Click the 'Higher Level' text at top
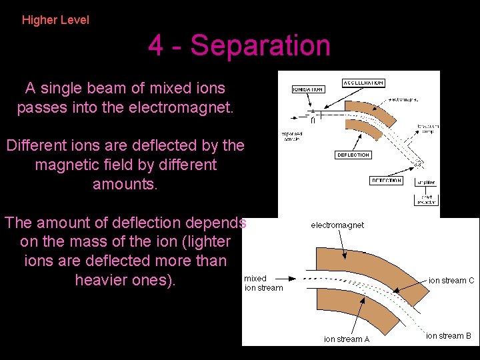pyautogui.click(x=55, y=20)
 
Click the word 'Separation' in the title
pyautogui.click(x=261, y=46)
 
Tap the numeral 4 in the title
pyautogui.click(x=155, y=46)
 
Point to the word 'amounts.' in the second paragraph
pyautogui.click(x=125, y=184)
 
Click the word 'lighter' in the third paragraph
pyautogui.click(x=207, y=241)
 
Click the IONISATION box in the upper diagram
pyautogui.click(x=307, y=89)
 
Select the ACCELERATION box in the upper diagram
pyautogui.click(x=363, y=83)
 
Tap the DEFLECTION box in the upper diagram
pyautogui.click(x=353, y=155)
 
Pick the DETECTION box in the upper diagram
pyautogui.click(x=386, y=181)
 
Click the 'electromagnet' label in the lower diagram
pyautogui.click(x=337, y=225)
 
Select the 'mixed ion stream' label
pyautogui.click(x=263, y=283)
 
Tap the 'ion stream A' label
pyautogui.click(x=347, y=339)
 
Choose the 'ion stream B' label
pyautogui.click(x=449, y=336)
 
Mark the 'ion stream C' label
pyautogui.click(x=451, y=281)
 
